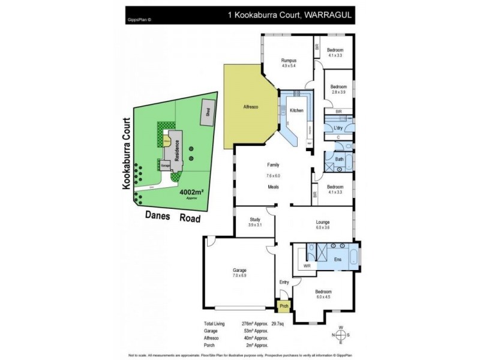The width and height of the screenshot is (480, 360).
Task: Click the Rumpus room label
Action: click(290, 60)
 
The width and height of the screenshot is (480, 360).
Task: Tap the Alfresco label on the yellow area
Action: click(250, 106)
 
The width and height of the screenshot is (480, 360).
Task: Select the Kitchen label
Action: click(297, 111)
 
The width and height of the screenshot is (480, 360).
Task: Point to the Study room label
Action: click(254, 219)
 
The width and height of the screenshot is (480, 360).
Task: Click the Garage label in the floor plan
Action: click(240, 270)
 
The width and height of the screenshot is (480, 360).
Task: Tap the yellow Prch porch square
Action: click(284, 307)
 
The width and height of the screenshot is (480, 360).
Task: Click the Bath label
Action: click(339, 160)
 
